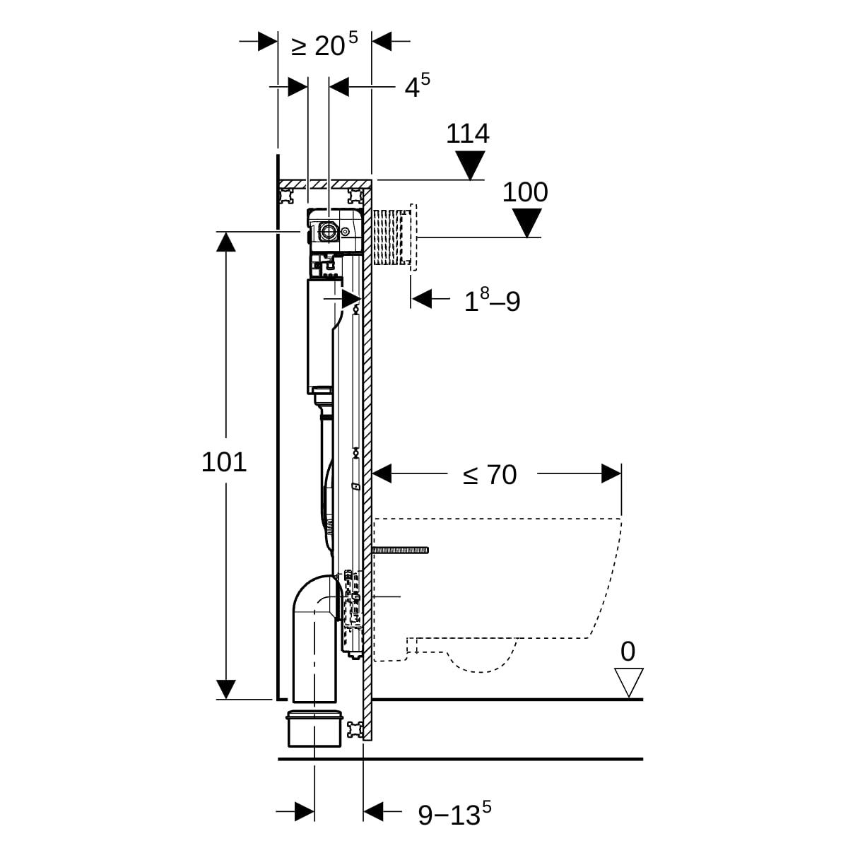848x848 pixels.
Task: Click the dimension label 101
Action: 224,462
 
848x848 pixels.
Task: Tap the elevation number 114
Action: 468,134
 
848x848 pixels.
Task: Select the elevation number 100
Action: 525,192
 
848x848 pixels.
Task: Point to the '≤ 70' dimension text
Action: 490,475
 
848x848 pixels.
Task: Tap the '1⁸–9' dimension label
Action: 492,301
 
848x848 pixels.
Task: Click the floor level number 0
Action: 628,652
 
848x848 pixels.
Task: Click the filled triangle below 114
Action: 470,165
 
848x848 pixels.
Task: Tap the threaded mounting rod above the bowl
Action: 401,550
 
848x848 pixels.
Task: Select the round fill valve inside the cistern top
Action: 329,230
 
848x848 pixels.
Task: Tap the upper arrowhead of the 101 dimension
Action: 225,242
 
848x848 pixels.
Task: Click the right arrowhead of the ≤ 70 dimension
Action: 611,473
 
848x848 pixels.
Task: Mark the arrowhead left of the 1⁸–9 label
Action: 422,299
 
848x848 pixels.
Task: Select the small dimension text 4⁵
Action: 417,86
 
